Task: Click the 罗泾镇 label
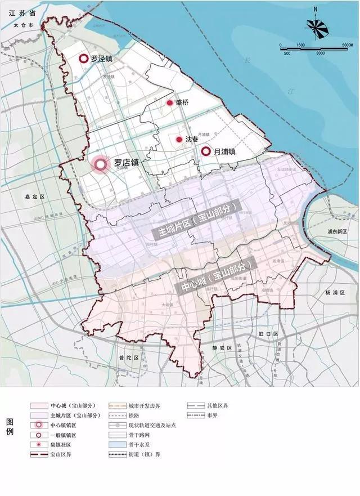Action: click(103, 58)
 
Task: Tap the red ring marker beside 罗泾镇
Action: click(83, 58)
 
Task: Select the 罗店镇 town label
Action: click(126, 163)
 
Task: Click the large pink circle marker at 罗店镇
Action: click(101, 164)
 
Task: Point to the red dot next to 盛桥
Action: click(169, 103)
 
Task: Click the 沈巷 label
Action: click(191, 139)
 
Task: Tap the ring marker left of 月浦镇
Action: click(206, 151)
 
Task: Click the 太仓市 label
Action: click(26, 26)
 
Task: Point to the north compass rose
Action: click(316, 24)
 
